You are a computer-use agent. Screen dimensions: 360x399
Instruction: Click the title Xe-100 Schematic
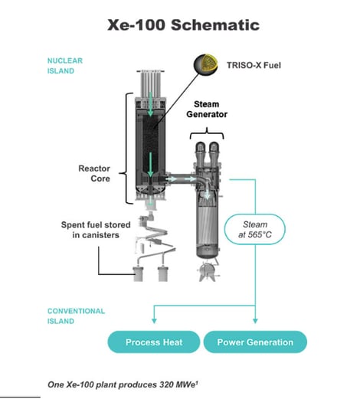click(x=183, y=25)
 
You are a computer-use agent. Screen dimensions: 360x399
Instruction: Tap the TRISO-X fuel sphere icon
click(x=206, y=64)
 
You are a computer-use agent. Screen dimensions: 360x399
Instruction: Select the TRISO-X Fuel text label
click(x=254, y=65)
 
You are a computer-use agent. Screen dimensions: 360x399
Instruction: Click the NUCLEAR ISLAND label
click(x=65, y=66)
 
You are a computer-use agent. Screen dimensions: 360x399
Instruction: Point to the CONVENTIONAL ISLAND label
click(x=76, y=316)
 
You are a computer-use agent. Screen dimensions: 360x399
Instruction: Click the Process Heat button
click(x=154, y=342)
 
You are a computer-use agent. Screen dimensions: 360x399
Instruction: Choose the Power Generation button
click(x=255, y=342)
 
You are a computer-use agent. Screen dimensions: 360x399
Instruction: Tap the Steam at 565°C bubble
click(x=255, y=229)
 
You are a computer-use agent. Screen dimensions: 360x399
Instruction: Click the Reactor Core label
click(x=94, y=173)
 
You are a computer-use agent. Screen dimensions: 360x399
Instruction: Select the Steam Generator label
click(x=207, y=109)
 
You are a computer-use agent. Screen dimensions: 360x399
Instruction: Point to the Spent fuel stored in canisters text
click(x=96, y=230)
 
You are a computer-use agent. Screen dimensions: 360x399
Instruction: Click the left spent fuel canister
click(x=139, y=274)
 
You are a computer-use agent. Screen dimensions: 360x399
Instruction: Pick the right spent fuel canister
click(x=162, y=274)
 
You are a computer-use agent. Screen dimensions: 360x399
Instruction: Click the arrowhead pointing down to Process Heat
click(x=154, y=321)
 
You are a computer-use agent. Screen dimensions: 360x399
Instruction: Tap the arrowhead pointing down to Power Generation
click(x=255, y=321)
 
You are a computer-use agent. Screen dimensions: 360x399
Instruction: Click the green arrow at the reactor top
click(x=150, y=104)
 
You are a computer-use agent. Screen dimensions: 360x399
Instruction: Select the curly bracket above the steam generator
click(x=207, y=133)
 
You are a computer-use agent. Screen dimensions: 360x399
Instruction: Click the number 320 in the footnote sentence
click(x=168, y=384)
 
